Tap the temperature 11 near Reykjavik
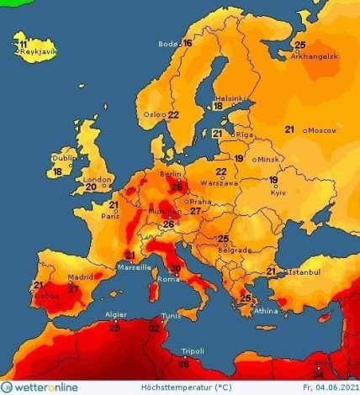24,44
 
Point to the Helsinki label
228,96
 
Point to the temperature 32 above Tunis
155,329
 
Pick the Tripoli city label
193,350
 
